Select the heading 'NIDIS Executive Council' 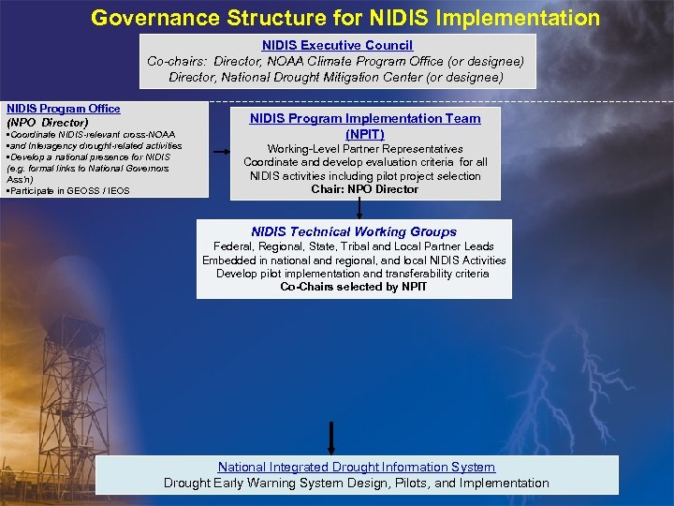tap(337, 45)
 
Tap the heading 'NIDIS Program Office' tap(64, 109)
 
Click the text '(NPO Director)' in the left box tap(48, 123)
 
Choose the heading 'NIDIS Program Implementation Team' tap(365, 118)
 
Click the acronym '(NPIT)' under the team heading tap(365, 134)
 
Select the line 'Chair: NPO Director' tap(365, 189)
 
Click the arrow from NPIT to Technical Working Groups tap(359, 209)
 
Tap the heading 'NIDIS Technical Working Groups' tap(354, 231)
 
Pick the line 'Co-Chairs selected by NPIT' tap(354, 287)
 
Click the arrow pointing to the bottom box tap(330, 439)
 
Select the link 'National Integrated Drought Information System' tap(357, 467)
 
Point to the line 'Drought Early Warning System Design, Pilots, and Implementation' tap(357, 483)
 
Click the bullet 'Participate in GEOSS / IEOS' tap(68, 190)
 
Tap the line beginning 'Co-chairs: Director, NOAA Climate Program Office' tap(336, 61)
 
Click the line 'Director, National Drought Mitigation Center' tap(336, 77)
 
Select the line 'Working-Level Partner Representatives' tap(365, 149)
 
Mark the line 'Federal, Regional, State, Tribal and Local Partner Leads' tap(354, 246)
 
